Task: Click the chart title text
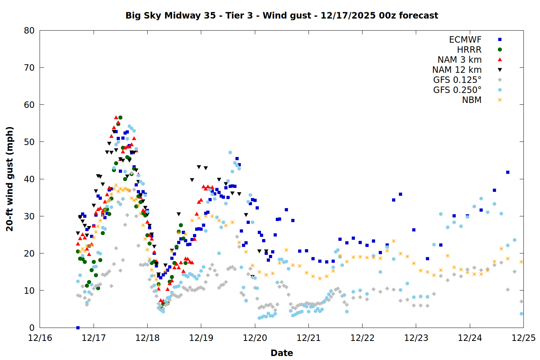pyautogui.click(x=282, y=15)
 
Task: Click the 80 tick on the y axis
pyautogui.click(x=29, y=31)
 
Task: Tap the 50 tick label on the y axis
pyautogui.click(x=29, y=142)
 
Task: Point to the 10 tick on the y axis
pyautogui.click(x=29, y=291)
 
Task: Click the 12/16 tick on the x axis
pyautogui.click(x=40, y=338)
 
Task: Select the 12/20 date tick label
pyautogui.click(x=255, y=338)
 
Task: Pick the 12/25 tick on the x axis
pyautogui.click(x=523, y=338)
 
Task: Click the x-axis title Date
pyautogui.click(x=282, y=353)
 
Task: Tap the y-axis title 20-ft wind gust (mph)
pyautogui.click(x=10, y=179)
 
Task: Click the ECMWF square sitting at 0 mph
pyautogui.click(x=78, y=328)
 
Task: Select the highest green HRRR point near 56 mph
pyautogui.click(x=120, y=118)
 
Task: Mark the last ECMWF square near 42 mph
pyautogui.click(x=508, y=172)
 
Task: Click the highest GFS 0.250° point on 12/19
pyautogui.click(x=230, y=153)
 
